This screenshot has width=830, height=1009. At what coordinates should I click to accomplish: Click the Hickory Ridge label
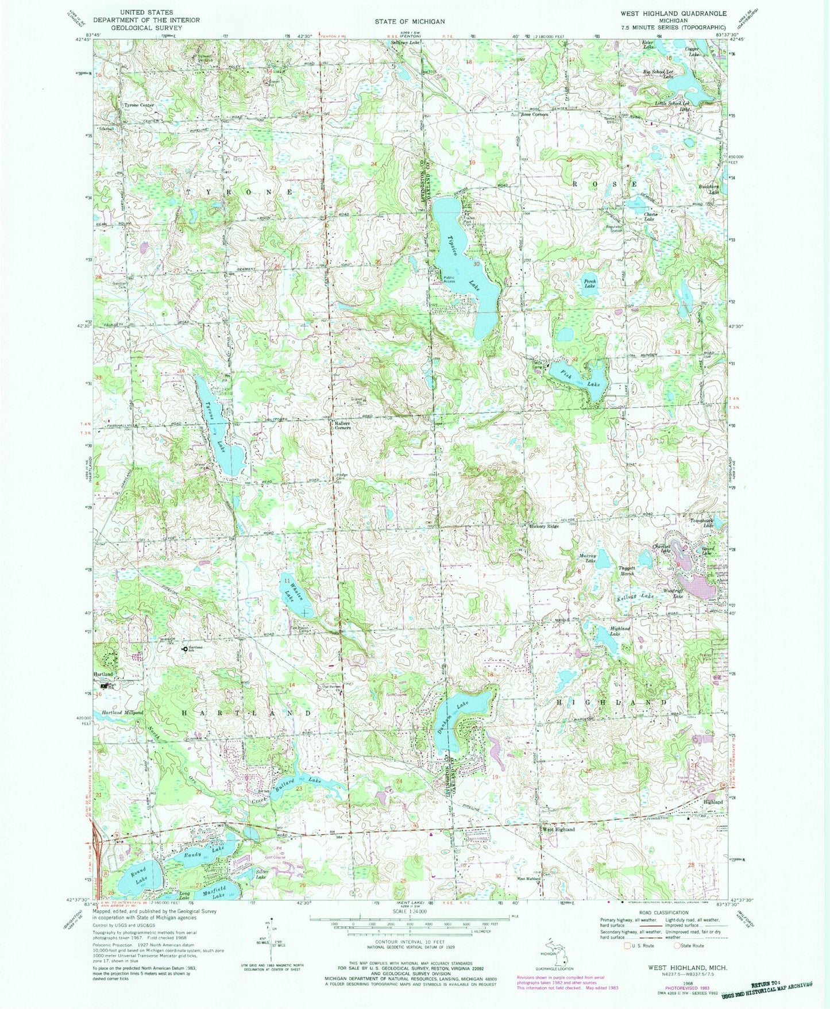click(x=543, y=526)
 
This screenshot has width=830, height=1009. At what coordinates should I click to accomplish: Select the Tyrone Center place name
click(x=139, y=106)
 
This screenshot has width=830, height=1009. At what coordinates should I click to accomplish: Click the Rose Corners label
click(x=534, y=114)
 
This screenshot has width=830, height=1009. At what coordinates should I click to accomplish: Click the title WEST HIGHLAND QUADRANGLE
click(x=673, y=13)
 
